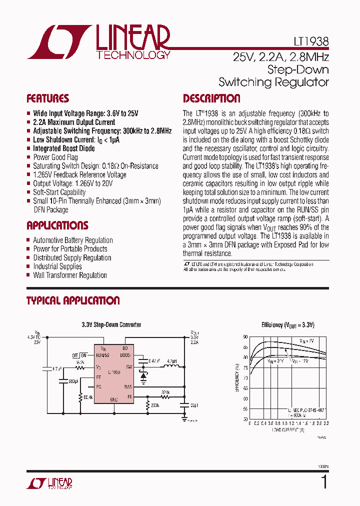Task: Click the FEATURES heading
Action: (47, 98)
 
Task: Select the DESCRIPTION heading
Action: (211, 98)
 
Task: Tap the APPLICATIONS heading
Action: (57, 225)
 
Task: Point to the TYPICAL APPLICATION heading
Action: (72, 300)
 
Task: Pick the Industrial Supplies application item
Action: (57, 266)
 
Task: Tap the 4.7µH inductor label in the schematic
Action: (171, 360)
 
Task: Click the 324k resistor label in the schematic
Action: (166, 392)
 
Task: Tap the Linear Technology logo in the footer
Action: (49, 483)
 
